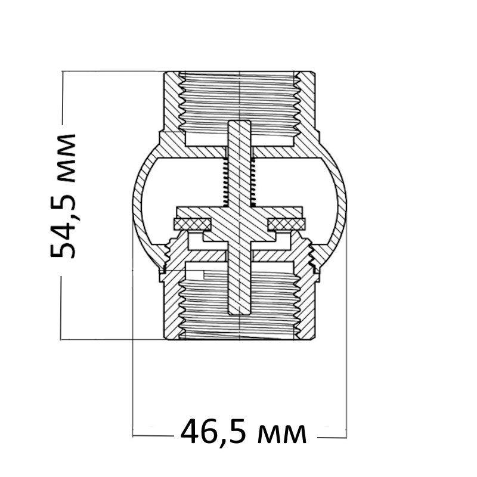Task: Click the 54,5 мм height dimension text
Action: pos(63,196)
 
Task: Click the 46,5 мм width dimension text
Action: pos(243,431)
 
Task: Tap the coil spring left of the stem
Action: pos(225,182)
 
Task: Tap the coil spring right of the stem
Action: pos(253,182)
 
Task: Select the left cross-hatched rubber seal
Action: pos(192,224)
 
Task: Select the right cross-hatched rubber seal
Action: pos(287,224)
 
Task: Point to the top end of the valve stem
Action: pos(240,122)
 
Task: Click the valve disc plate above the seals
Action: pos(240,212)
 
